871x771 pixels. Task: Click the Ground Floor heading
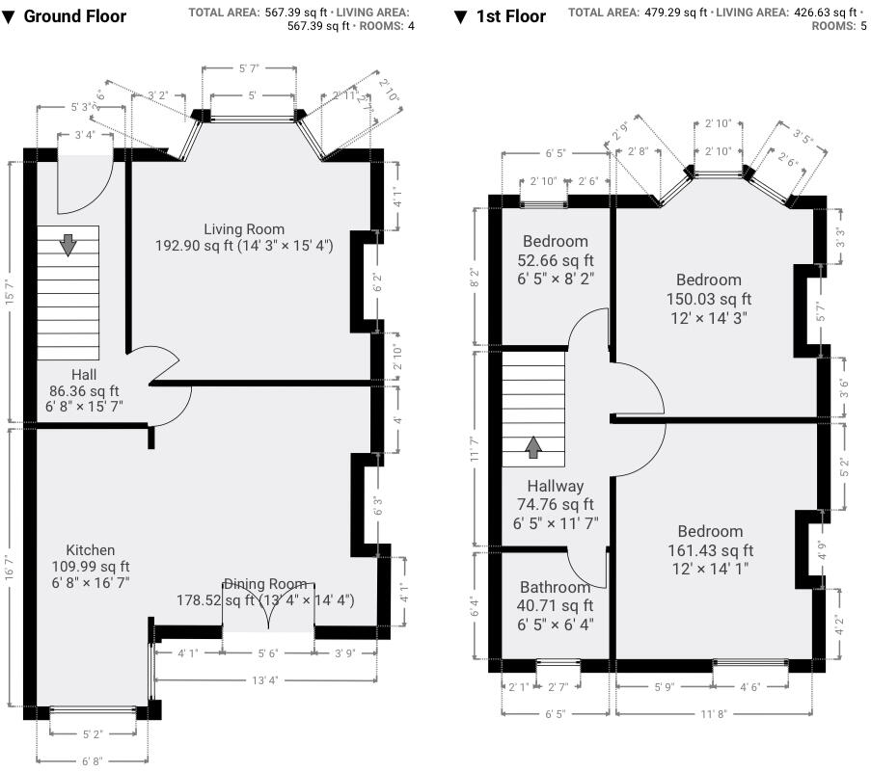73,16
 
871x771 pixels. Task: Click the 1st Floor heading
510,16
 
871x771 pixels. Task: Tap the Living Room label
244,228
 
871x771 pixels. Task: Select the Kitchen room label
91,549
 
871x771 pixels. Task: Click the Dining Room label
265,584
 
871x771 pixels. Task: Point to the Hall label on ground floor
83,374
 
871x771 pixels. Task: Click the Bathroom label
555,587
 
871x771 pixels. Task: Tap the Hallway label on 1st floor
555,486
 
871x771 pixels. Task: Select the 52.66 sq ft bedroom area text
555,259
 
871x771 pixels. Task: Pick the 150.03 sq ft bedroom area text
709,299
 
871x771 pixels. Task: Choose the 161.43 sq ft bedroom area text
710,550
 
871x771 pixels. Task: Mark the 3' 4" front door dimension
85,136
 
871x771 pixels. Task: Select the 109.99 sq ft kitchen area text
91,566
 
